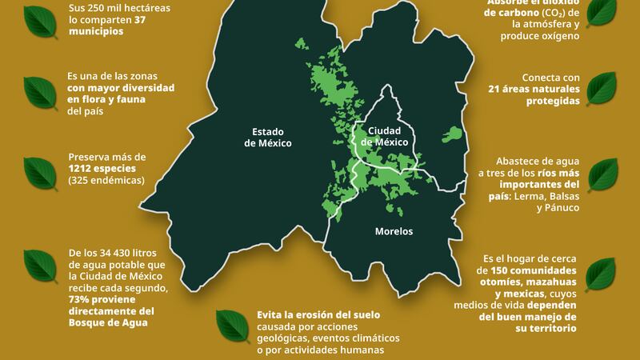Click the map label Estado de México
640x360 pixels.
267,138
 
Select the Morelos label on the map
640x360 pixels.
394,231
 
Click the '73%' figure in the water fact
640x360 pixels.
82,299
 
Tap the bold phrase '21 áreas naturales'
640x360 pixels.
533,90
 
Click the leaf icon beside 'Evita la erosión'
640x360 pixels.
232,325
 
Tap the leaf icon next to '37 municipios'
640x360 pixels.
39,19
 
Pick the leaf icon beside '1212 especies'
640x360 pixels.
39,170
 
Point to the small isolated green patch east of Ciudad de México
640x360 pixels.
452,134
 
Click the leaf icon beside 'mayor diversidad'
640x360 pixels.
39,92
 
